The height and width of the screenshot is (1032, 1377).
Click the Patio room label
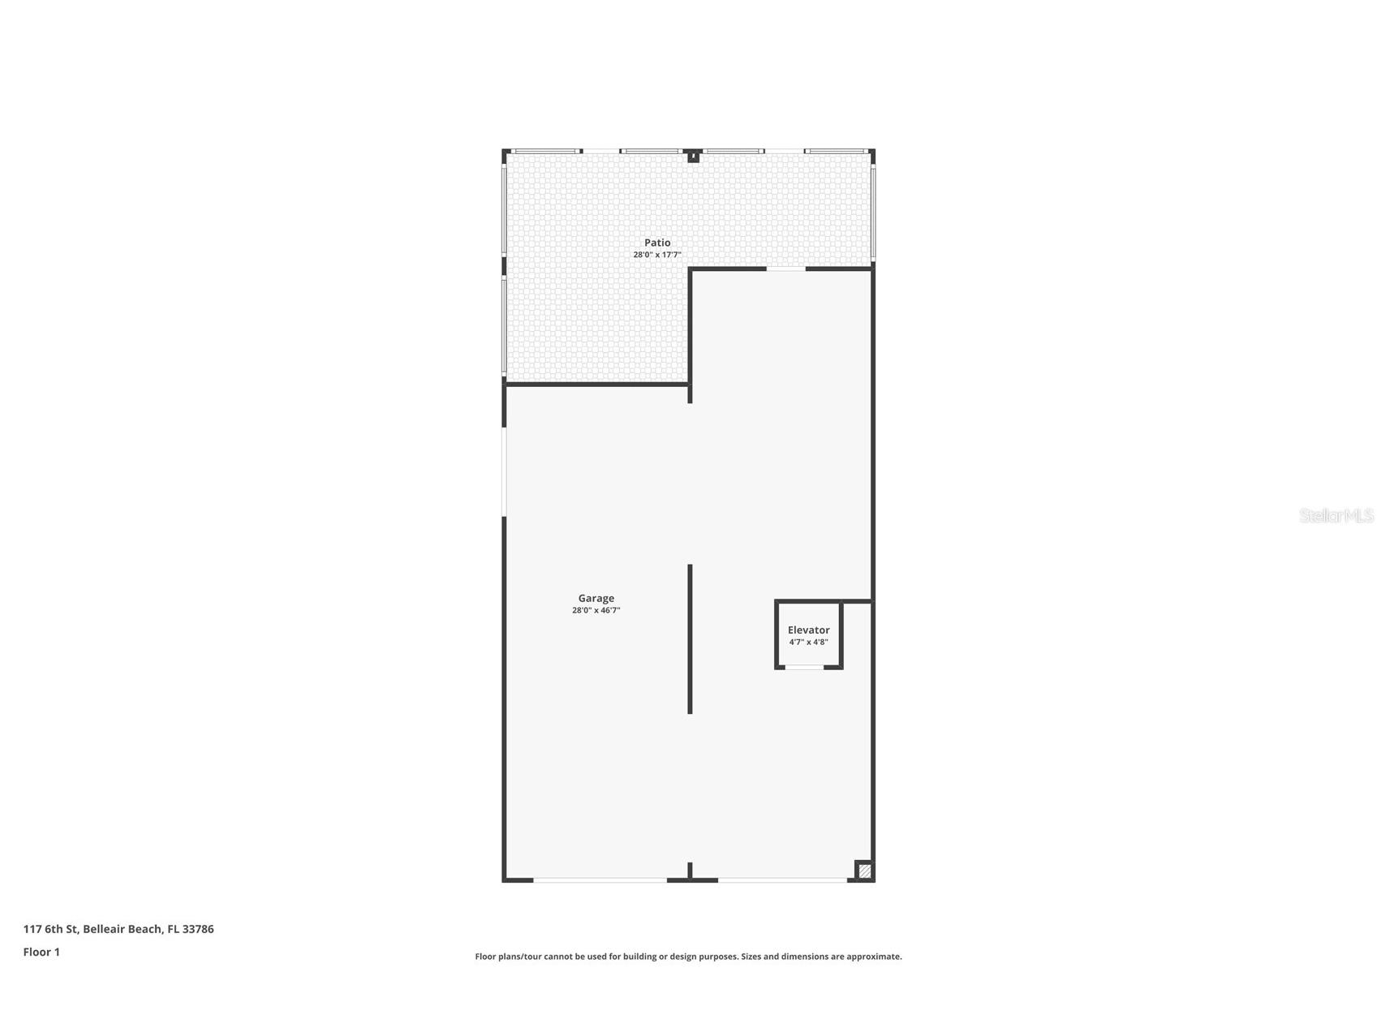click(657, 243)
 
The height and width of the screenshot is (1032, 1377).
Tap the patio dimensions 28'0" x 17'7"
click(656, 255)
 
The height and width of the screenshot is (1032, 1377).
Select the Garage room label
click(596, 598)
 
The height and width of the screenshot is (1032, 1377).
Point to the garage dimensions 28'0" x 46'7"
click(596, 610)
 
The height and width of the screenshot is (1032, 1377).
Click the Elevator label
click(808, 630)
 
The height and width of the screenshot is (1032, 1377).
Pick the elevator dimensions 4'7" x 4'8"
click(808, 642)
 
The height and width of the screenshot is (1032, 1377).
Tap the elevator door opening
click(804, 667)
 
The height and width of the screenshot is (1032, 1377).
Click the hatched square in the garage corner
click(864, 871)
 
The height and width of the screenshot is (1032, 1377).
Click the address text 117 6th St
click(49, 929)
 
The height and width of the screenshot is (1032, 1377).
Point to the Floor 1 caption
click(41, 952)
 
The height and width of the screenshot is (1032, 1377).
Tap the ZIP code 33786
click(198, 929)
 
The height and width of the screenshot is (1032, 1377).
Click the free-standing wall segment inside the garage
click(690, 639)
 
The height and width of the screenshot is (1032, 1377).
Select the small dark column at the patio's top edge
click(693, 156)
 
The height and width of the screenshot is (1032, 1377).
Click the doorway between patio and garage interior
click(785, 269)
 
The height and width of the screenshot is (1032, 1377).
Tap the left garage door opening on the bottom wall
click(600, 879)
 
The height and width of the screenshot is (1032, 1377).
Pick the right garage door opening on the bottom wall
click(782, 879)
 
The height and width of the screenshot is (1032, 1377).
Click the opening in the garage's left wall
click(504, 471)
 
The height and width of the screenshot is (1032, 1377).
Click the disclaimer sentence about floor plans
click(688, 957)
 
